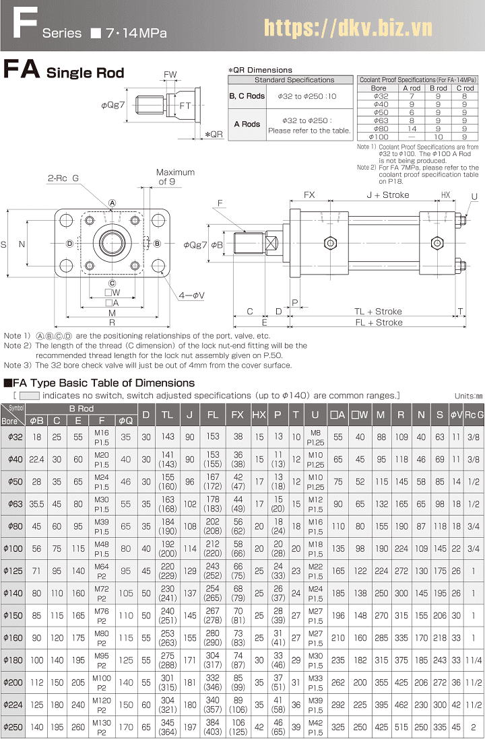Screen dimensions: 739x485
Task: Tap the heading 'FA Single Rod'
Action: click(64, 71)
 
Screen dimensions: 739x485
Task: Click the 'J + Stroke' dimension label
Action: click(387, 195)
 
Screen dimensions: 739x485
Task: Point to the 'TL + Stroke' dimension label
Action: click(378, 312)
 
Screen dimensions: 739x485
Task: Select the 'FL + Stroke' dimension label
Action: click(378, 322)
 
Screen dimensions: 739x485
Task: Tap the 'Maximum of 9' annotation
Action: click(175, 177)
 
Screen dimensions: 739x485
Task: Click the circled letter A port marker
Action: click(112, 203)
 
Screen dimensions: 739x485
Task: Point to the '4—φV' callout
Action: click(191, 295)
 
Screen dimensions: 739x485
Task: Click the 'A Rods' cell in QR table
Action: click(247, 125)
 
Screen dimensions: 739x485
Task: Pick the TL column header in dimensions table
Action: click(168, 415)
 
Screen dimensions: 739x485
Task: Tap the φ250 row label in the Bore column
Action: click(13, 727)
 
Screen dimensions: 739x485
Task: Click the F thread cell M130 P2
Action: click(102, 727)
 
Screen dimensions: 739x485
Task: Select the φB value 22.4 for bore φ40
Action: click(37, 459)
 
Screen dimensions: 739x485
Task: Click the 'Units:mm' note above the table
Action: click(468, 396)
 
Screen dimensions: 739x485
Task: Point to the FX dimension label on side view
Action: click(309, 195)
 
